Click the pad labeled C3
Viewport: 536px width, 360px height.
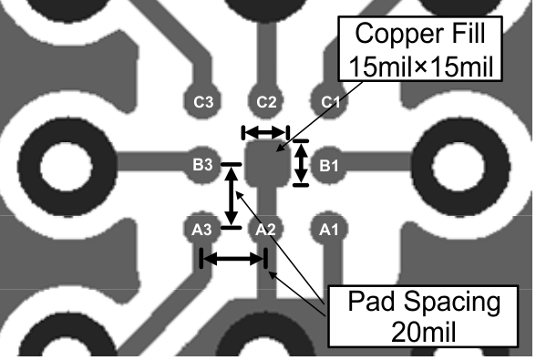point(201,101)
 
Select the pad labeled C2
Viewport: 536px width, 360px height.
point(266,101)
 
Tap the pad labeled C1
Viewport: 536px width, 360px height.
point(328,101)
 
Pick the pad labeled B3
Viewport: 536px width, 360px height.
point(201,165)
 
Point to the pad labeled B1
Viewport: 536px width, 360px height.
point(328,165)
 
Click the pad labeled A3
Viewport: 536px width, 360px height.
point(201,229)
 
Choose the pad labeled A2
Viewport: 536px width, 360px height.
point(265,229)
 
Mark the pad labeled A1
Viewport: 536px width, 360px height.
point(328,229)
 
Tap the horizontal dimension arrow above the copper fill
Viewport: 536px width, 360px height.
point(264,133)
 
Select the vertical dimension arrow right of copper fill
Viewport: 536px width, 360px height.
point(300,163)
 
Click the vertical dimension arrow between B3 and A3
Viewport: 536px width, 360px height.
point(232,195)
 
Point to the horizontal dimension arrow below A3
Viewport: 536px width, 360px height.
point(232,259)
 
